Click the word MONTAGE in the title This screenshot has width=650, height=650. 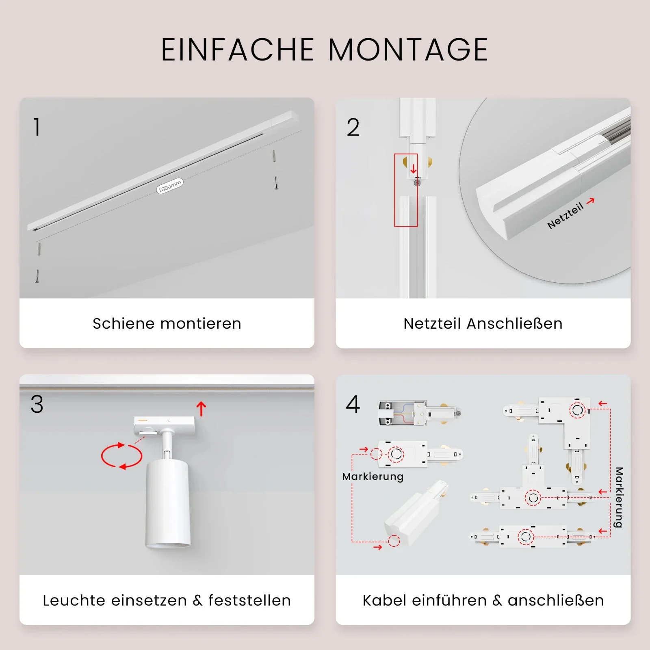(408, 50)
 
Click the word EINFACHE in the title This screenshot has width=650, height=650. (238, 50)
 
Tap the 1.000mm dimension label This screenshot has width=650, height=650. (170, 186)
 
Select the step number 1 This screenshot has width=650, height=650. (37, 127)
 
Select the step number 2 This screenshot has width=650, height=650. (353, 127)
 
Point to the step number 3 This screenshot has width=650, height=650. (37, 404)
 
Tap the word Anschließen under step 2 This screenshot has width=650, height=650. (515, 324)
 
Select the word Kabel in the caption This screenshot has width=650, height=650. (384, 600)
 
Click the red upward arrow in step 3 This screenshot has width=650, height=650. (201, 409)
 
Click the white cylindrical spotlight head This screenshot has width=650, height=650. (168, 504)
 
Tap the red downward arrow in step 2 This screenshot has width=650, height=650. (413, 169)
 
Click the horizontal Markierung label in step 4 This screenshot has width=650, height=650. (373, 477)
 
